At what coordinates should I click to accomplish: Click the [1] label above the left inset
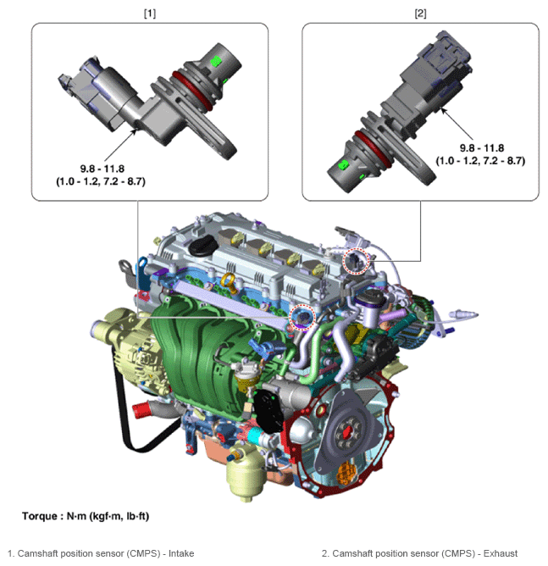coord(150,14)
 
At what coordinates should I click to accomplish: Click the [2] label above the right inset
coord(420,14)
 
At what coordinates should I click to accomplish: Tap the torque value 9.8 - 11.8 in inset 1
coord(102,169)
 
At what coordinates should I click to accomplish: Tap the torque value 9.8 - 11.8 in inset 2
coord(482,148)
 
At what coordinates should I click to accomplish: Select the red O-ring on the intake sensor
coord(192,90)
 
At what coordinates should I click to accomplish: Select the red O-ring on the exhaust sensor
coord(373,149)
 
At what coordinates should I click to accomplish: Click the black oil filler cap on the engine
coord(202,246)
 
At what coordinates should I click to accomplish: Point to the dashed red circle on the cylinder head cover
coord(356,261)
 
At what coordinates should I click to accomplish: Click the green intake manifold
coord(202,354)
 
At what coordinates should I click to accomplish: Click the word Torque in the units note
coord(39,516)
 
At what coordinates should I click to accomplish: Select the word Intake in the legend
coord(181,553)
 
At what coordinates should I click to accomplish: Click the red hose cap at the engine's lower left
coord(141,410)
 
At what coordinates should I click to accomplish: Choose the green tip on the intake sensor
coord(215,61)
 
